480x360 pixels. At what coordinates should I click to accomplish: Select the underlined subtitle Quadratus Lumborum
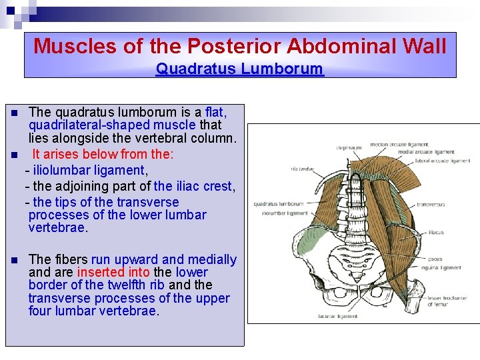[x=239, y=69]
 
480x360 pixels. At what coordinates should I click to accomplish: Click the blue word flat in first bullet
[x=216, y=112]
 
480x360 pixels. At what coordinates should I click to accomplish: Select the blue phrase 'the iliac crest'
[x=193, y=186]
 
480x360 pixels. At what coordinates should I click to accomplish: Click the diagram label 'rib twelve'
[x=303, y=169]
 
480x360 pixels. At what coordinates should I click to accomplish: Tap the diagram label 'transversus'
[x=431, y=205]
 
